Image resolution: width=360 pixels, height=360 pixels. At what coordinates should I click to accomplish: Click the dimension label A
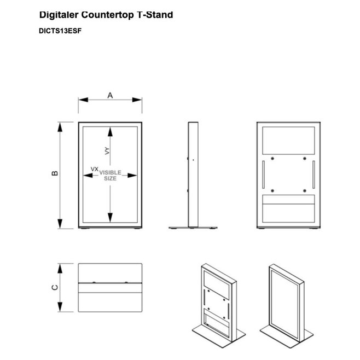[110, 95]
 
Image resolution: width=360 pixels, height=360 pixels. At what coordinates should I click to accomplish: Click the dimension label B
[55, 173]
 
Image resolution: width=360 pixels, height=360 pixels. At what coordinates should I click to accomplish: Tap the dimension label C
[55, 287]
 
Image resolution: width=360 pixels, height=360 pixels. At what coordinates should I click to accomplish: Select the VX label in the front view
[94, 169]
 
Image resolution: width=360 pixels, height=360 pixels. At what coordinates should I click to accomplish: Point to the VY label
[107, 151]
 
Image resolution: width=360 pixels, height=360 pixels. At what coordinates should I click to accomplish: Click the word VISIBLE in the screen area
[110, 172]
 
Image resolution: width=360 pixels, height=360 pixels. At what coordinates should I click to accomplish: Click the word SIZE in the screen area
[110, 178]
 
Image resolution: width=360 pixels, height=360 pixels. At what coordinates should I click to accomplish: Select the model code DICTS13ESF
[60, 31]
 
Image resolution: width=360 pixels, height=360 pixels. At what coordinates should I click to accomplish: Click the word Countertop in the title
[107, 15]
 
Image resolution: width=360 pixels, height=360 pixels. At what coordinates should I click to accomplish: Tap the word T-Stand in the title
[155, 15]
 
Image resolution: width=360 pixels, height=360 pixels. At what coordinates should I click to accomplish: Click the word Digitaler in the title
[59, 15]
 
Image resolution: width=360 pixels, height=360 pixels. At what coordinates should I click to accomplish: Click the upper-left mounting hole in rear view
[272, 159]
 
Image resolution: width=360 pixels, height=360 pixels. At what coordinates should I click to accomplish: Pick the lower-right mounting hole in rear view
[305, 191]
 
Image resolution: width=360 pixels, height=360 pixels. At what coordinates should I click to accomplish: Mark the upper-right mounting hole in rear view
[305, 159]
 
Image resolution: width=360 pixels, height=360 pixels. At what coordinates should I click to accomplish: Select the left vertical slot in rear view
[264, 175]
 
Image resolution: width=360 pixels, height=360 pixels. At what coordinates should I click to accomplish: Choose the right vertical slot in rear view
[313, 175]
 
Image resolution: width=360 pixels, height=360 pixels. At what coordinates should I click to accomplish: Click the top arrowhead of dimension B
[60, 127]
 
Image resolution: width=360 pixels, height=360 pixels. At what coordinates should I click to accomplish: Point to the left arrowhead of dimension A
[83, 100]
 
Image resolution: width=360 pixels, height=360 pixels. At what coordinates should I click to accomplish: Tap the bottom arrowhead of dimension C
[60, 307]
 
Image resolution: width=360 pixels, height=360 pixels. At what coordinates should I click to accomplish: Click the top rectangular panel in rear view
[288, 141]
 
